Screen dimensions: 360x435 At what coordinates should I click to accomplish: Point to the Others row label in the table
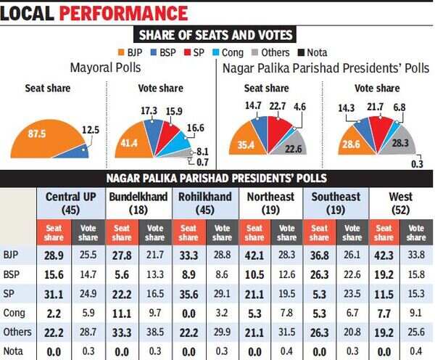tap(17, 332)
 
